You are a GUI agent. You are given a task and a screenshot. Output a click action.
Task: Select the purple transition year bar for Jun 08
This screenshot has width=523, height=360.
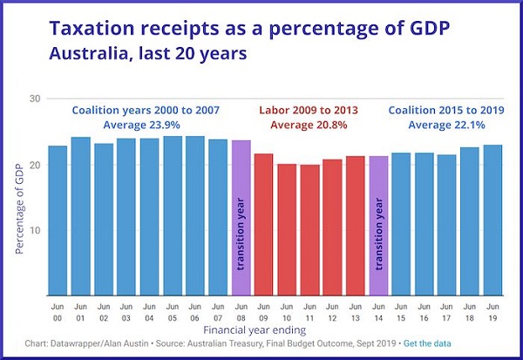241,218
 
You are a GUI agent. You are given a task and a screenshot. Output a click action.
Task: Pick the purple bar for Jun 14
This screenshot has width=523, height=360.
378,226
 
